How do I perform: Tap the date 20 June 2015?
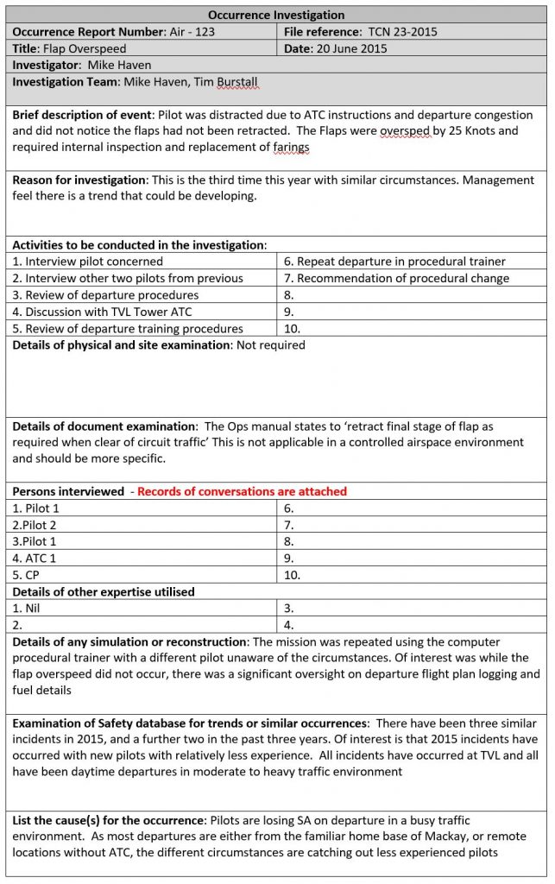[x=350, y=48]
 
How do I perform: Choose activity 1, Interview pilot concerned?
[x=87, y=262]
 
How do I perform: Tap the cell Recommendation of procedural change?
[x=396, y=278]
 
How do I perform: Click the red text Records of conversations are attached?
[x=242, y=491]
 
